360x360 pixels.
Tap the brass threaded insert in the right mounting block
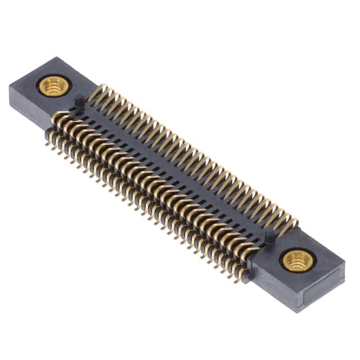[295, 260]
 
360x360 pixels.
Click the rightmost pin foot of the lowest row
[241, 277]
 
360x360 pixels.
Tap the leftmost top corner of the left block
[10, 84]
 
